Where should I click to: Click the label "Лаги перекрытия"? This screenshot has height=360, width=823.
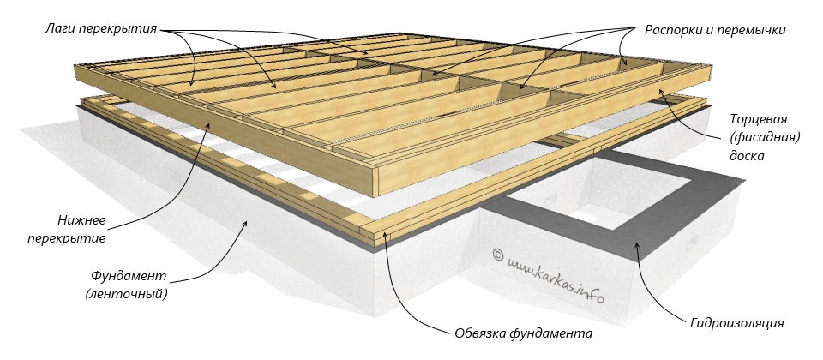(101, 29)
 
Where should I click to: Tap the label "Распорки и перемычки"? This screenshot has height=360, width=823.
(715, 31)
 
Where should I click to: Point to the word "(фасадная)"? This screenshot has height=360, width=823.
(765, 138)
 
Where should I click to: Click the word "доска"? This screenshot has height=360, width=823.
(747, 156)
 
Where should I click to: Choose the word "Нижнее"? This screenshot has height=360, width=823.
(81, 220)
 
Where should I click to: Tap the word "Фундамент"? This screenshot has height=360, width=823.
(129, 276)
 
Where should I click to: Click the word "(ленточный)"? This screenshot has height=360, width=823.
(127, 294)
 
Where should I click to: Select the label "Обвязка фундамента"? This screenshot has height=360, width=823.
(523, 333)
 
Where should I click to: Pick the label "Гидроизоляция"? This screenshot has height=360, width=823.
(737, 323)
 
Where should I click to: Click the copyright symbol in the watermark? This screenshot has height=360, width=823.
(499, 255)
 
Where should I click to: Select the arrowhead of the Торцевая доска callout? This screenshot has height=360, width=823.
(661, 92)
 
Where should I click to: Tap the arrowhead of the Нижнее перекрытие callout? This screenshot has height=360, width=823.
(211, 125)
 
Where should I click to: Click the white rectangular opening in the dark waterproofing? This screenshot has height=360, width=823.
(586, 216)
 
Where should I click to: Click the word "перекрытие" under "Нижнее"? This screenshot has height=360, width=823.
(67, 238)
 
